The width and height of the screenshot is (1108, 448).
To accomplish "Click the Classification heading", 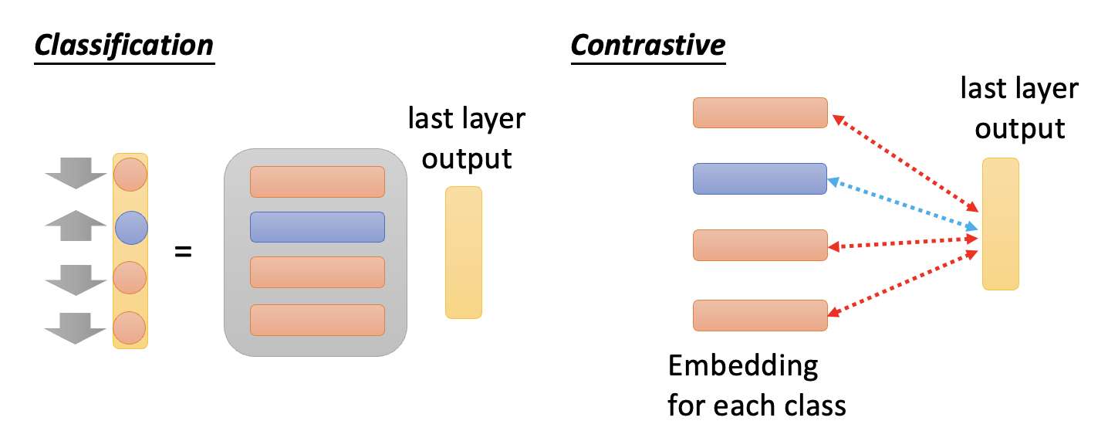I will [124, 46].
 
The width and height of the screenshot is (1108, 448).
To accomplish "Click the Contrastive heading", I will [647, 44].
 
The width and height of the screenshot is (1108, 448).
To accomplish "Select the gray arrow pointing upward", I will [75, 229].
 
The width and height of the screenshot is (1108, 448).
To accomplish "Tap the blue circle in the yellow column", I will [130, 229].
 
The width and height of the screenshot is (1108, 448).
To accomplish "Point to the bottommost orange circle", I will [130, 328].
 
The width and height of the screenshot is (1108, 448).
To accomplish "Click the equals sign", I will [183, 251].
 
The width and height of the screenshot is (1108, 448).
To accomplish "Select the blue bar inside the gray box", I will [317, 227].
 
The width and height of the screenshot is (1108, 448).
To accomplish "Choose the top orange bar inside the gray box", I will [317, 182].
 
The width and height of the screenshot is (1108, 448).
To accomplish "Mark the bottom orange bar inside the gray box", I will [317, 320].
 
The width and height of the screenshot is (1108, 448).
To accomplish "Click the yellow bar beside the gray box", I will [464, 253].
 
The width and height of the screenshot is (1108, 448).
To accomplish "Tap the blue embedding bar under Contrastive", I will [760, 178].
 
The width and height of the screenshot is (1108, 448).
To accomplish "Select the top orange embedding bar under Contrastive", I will [760, 113].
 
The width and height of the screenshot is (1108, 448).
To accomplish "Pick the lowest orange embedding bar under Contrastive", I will [760, 315].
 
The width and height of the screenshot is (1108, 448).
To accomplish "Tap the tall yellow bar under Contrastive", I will [1000, 224].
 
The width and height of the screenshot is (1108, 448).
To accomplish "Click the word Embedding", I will [742, 365].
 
